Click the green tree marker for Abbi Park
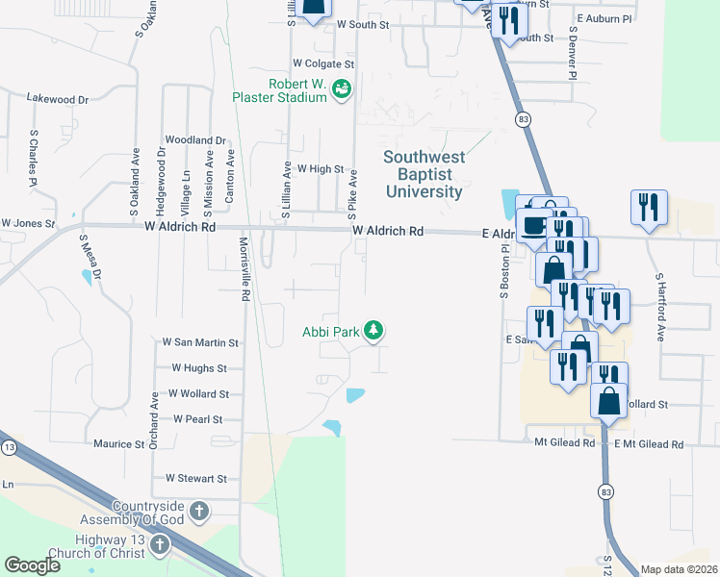(x=373, y=331)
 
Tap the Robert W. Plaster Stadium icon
(x=341, y=90)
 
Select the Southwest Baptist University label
(x=424, y=174)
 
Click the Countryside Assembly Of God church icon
(x=199, y=511)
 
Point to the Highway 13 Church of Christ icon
(x=159, y=545)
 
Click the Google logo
(x=32, y=564)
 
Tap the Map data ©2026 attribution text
(x=679, y=569)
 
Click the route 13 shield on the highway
(x=9, y=448)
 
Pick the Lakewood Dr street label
(x=57, y=99)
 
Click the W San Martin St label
(x=199, y=342)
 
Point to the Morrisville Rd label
(x=245, y=270)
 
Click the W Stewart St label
(x=195, y=478)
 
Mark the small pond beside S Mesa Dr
(x=88, y=278)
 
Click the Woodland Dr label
(x=194, y=140)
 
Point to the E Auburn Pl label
(x=604, y=18)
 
